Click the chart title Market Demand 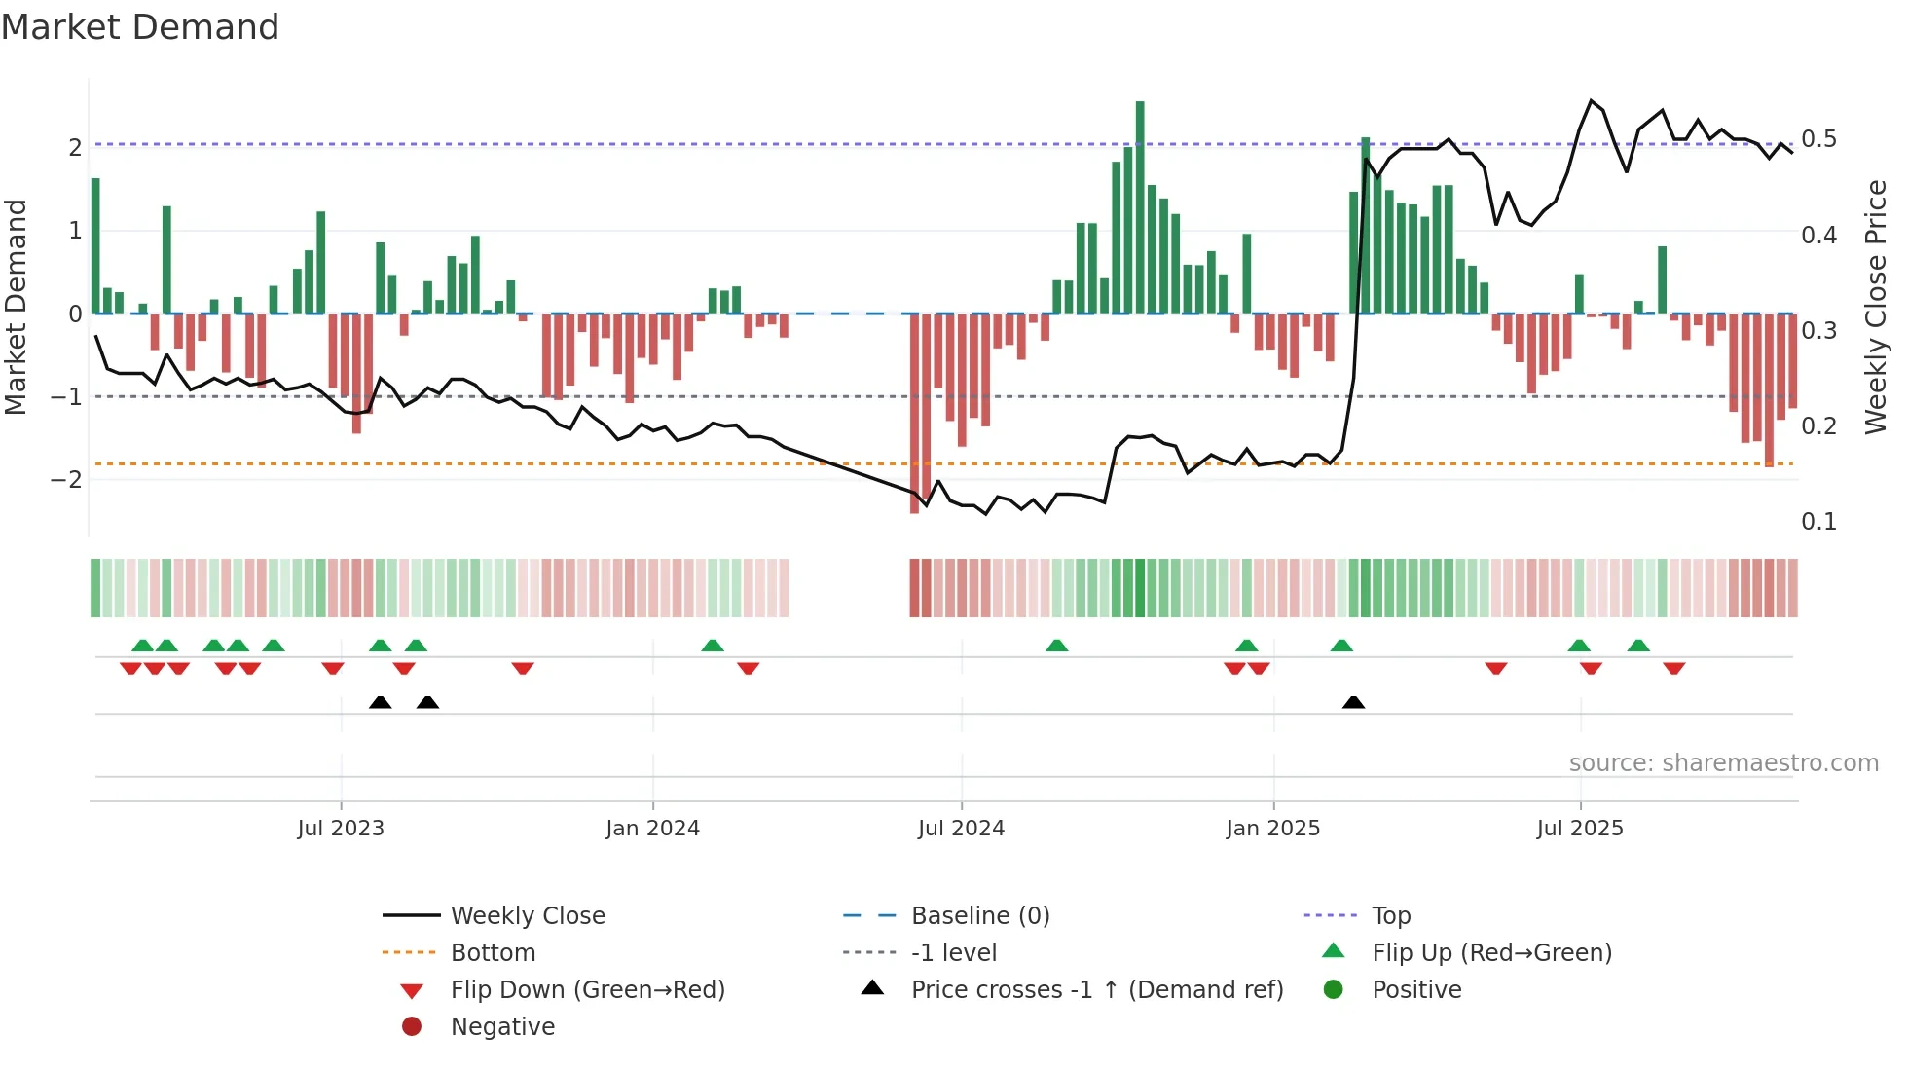[x=140, y=27]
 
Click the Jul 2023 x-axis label [x=341, y=829]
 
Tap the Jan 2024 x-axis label [x=652, y=829]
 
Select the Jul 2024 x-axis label [x=961, y=829]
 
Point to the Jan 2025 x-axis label [x=1272, y=829]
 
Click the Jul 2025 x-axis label [x=1580, y=829]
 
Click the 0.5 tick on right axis [x=1818, y=139]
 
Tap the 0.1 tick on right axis [x=1818, y=522]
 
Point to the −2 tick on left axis [x=66, y=479]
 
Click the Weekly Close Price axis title [x=1876, y=307]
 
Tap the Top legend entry [x=1391, y=916]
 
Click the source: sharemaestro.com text [x=1723, y=763]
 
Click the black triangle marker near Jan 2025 [x=1353, y=702]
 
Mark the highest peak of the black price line [x=1592, y=101]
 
